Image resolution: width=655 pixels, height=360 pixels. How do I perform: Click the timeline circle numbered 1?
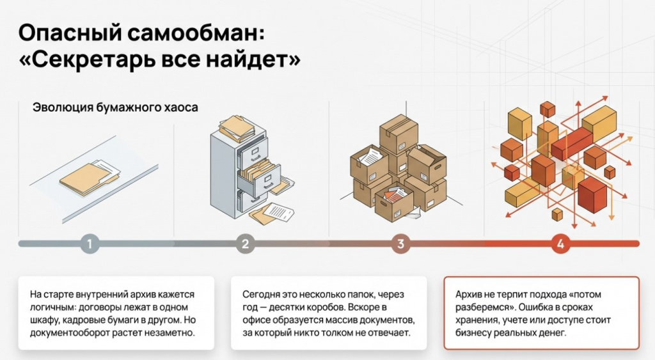coord(90,244)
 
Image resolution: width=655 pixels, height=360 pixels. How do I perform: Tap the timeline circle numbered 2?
coord(245,244)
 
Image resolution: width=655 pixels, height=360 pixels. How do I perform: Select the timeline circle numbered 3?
coord(401,244)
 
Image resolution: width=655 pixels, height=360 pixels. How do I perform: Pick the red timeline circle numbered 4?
coord(560,244)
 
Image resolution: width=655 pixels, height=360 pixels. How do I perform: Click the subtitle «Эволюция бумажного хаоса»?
coord(115,108)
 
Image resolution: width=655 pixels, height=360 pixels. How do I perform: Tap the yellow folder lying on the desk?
coord(88,178)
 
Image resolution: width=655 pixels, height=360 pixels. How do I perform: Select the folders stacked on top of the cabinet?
coord(237,128)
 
